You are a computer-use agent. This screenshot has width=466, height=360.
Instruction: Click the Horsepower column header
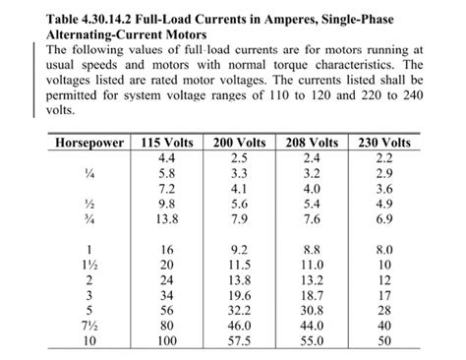[x=89, y=144]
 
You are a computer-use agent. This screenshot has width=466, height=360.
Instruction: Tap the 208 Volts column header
[x=312, y=144]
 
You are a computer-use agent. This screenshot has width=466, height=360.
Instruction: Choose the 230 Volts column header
[x=384, y=144]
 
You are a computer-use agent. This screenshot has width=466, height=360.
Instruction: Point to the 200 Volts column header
[x=239, y=144]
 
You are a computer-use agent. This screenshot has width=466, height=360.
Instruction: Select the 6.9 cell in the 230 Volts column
[x=384, y=217]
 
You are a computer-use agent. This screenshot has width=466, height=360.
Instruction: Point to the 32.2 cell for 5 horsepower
[x=239, y=310]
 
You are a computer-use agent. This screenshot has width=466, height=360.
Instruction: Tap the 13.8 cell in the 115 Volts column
[x=166, y=217]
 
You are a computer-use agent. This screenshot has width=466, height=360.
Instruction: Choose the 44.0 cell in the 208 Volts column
[x=312, y=325]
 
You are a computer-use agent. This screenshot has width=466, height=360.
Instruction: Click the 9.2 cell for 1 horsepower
[x=239, y=251]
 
